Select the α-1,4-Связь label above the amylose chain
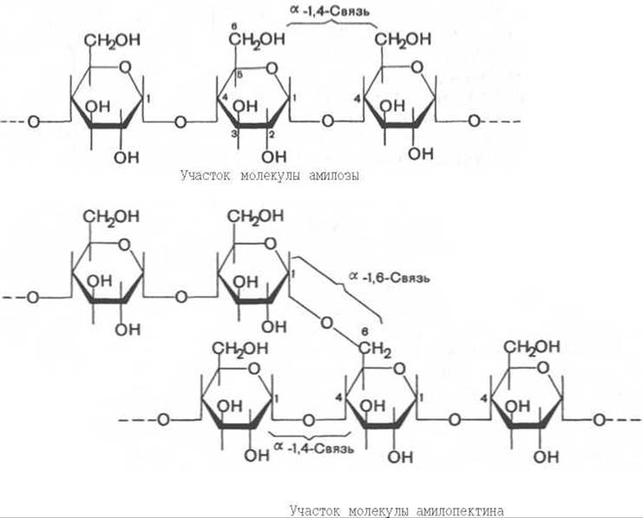pos(332,11)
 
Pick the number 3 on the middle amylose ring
pos(233,135)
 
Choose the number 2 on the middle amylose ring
pos(271,135)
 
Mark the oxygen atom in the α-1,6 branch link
pos(326,323)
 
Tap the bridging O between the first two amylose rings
pos(180,121)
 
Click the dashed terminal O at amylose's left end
pos(33,121)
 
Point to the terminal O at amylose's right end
pos(473,121)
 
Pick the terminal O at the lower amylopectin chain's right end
pos(600,420)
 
